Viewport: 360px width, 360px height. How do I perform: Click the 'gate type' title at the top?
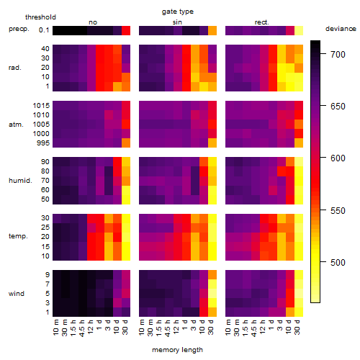click(178, 12)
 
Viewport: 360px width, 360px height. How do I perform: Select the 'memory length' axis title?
click(177, 350)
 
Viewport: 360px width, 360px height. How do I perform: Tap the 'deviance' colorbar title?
click(341, 29)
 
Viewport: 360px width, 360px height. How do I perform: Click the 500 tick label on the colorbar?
click(338, 262)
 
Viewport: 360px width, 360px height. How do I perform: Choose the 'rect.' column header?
click(262, 22)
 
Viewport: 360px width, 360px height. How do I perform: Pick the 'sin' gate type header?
click(177, 22)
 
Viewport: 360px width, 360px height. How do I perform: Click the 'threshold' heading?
click(40, 17)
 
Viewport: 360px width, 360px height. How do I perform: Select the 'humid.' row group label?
click(20, 181)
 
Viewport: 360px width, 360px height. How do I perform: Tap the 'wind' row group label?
click(17, 294)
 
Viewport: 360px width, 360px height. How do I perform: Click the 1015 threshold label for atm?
click(41, 106)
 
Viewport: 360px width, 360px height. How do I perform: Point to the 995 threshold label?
click(43, 143)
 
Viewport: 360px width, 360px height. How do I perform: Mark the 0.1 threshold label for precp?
click(44, 30)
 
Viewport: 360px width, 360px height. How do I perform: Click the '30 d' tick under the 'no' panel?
click(125, 327)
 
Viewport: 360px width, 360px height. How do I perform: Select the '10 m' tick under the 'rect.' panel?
click(228, 327)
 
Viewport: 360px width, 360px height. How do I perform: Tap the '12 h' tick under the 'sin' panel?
click(176, 327)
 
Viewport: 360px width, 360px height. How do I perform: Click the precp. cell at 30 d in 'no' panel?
click(126, 30)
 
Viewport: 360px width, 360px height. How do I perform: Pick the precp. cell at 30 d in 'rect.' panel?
click(299, 30)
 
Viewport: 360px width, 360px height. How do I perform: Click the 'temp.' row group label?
click(18, 236)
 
